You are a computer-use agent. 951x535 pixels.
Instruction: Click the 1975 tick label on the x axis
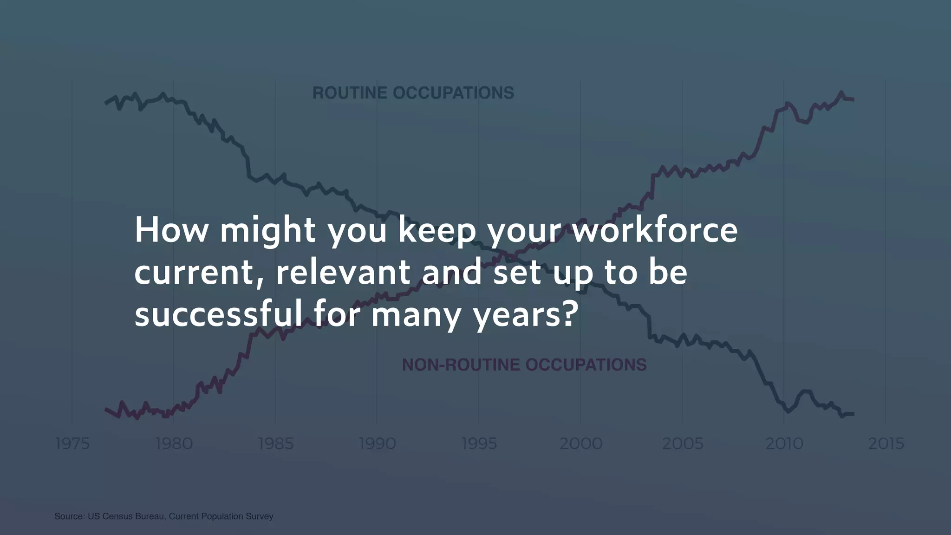72,444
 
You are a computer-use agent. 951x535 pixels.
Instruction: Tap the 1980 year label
174,444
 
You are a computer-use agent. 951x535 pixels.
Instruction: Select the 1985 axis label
275,444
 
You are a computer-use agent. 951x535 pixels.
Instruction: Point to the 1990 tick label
377,444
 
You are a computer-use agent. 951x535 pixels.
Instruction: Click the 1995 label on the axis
479,444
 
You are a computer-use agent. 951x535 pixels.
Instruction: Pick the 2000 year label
580,444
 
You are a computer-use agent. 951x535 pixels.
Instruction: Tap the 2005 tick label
682,444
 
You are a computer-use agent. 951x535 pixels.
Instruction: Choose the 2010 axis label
784,444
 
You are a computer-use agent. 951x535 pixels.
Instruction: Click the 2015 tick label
886,444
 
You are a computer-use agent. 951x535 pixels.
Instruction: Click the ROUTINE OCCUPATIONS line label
413,93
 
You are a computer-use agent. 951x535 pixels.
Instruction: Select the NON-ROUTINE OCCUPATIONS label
524,365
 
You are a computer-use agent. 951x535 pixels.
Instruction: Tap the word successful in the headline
218,314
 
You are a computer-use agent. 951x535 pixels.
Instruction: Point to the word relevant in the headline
343,272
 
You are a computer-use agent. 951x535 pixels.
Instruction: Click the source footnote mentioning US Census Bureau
164,516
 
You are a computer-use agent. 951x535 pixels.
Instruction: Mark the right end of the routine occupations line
853,414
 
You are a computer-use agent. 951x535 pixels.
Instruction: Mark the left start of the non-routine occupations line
106,409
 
